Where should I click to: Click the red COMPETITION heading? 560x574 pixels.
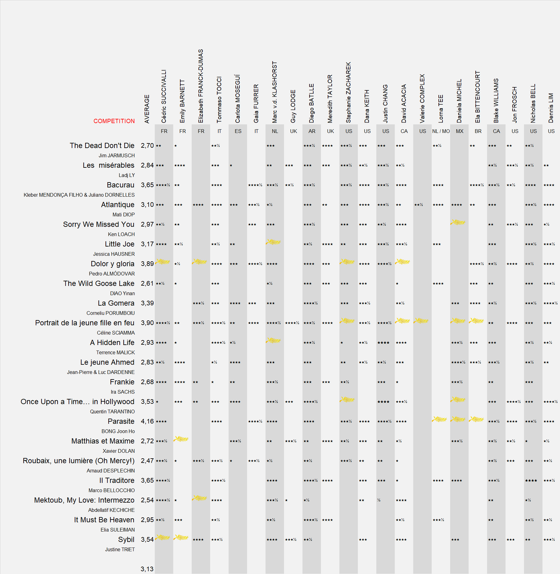tap(114, 121)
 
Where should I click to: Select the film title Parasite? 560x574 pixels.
tap(121, 421)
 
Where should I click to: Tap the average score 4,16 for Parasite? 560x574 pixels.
tap(147, 421)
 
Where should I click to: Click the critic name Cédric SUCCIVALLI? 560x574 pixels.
tap(164, 96)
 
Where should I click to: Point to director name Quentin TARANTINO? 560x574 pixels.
tap(112, 411)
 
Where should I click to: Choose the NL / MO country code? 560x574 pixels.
tap(441, 131)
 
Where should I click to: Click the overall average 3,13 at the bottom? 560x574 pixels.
tap(147, 569)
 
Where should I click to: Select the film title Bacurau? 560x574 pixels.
tap(120, 185)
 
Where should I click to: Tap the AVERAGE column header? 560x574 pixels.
tap(147, 109)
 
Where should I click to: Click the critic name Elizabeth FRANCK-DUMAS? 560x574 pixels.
tap(201, 86)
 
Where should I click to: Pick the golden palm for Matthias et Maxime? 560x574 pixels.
tap(181, 439)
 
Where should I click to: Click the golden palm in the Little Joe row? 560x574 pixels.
tap(273, 242)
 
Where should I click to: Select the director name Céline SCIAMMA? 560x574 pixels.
tap(116, 333)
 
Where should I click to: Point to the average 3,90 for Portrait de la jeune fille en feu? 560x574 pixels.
tap(147, 323)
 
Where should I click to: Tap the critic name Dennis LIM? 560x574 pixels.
tap(551, 108)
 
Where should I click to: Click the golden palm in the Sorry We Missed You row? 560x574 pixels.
tap(458, 222)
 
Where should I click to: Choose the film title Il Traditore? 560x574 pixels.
tap(117, 480)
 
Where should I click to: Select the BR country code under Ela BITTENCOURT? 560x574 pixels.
tap(478, 131)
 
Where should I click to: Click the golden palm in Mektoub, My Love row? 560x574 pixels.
tap(200, 498)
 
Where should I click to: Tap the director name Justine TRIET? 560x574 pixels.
tap(120, 549)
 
